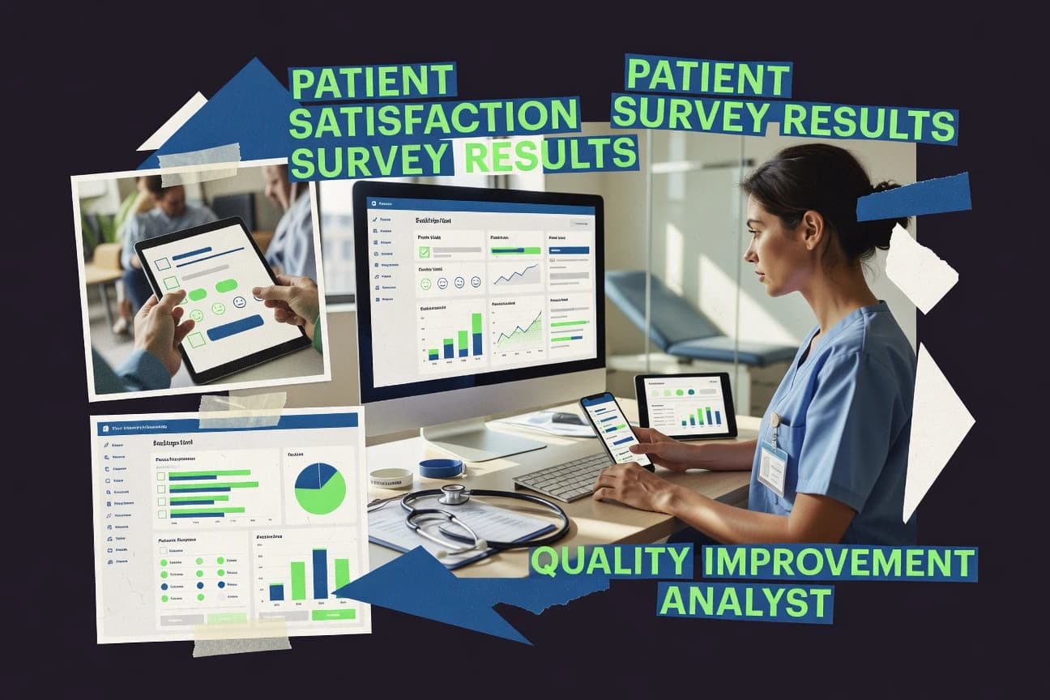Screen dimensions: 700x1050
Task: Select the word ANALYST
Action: click(x=745, y=602)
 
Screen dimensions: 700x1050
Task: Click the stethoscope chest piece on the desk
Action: click(x=455, y=493)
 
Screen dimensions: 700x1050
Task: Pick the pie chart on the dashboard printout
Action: click(x=320, y=489)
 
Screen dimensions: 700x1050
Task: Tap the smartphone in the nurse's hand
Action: click(x=616, y=429)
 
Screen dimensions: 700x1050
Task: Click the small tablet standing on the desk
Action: click(x=685, y=404)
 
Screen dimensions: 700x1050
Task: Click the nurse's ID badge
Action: click(x=771, y=466)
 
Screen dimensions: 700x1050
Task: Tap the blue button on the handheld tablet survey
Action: click(x=235, y=328)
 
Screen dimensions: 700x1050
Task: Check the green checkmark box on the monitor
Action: click(x=425, y=252)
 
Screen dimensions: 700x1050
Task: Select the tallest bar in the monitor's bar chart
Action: click(x=476, y=335)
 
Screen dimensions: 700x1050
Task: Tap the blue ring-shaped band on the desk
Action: click(x=441, y=468)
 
